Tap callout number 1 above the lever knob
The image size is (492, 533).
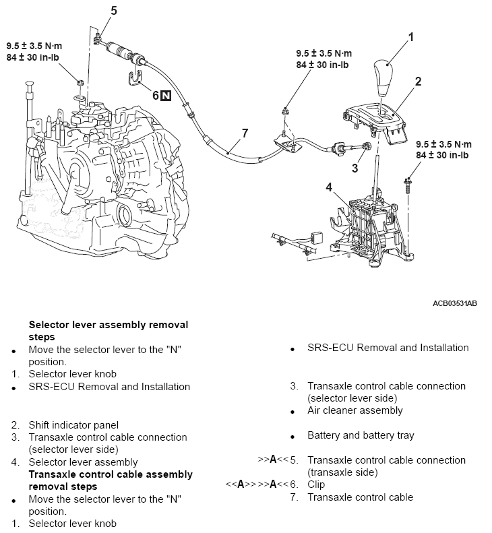[x=410, y=36]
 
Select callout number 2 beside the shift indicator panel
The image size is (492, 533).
[x=418, y=82]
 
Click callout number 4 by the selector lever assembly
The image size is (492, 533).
[x=329, y=187]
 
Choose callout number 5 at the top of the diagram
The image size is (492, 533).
[x=113, y=10]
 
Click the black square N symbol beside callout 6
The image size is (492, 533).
[x=166, y=96]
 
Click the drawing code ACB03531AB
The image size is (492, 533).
[x=454, y=303]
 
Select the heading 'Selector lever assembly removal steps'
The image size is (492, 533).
[x=108, y=330]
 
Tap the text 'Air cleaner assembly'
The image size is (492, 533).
[x=355, y=410]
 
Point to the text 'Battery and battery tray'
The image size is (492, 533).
[x=361, y=435]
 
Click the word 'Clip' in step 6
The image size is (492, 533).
[x=316, y=484]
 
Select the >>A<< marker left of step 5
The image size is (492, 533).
[x=270, y=460]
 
